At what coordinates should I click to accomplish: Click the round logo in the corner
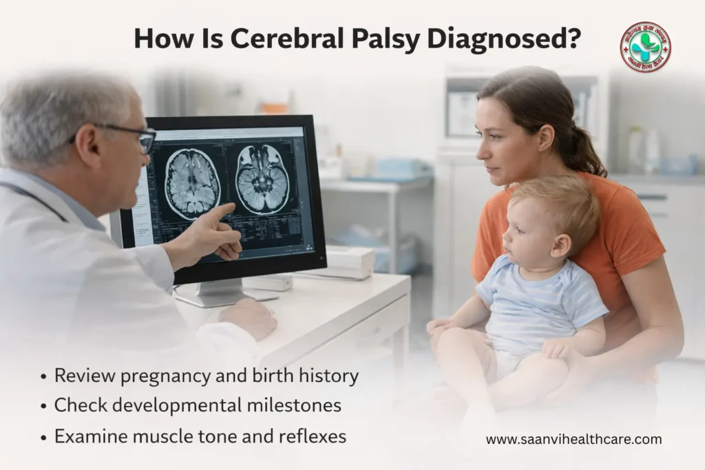click(x=644, y=47)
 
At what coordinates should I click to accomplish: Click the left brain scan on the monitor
click(x=192, y=183)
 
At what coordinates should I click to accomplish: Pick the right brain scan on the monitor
click(x=262, y=179)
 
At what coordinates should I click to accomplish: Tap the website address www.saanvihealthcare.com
click(x=574, y=439)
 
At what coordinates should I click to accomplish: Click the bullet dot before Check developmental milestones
click(x=44, y=406)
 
